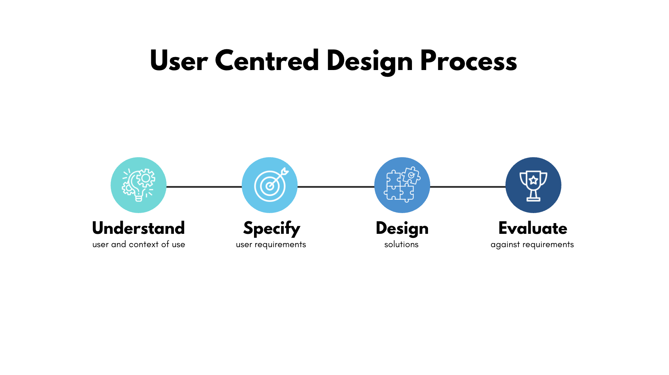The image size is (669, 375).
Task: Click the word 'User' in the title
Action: pyautogui.click(x=179, y=60)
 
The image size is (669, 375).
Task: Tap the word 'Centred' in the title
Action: pyautogui.click(x=267, y=60)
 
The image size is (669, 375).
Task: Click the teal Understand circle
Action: pyautogui.click(x=138, y=185)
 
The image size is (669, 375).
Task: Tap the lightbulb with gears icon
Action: pyautogui.click(x=139, y=185)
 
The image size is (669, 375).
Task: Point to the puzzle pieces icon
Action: pyautogui.click(x=402, y=185)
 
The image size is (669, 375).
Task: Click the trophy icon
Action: pyautogui.click(x=533, y=186)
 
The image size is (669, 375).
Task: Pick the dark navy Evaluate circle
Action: pyautogui.click(x=533, y=185)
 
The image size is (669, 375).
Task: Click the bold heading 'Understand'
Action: pyautogui.click(x=138, y=228)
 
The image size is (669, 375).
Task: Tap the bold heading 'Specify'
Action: pyautogui.click(x=271, y=229)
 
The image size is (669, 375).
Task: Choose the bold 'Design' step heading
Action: pyautogui.click(x=402, y=229)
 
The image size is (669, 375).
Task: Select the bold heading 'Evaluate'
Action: pyautogui.click(x=533, y=228)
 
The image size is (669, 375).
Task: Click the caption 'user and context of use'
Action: pyautogui.click(x=139, y=244)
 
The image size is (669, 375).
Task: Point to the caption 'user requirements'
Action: pyautogui.click(x=271, y=245)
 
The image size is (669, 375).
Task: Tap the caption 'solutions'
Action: pyautogui.click(x=401, y=244)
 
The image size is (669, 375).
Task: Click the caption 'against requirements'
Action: pyautogui.click(x=532, y=245)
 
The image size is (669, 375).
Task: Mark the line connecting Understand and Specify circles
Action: pyautogui.click(x=204, y=187)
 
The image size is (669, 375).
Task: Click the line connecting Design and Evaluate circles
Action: pyautogui.click(x=468, y=187)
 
